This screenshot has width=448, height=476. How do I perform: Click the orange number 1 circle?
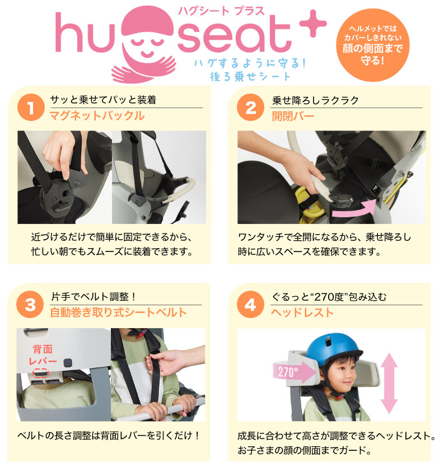[31, 108]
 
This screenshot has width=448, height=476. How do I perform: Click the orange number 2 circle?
[250, 108]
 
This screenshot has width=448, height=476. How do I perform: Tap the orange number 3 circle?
[30, 305]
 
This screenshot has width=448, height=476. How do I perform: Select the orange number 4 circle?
[250, 305]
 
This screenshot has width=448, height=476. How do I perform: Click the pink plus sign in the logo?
[313, 24]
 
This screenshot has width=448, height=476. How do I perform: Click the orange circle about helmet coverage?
[372, 45]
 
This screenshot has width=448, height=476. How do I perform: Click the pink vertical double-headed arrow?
[389, 383]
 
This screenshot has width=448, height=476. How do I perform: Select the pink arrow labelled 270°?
[295, 372]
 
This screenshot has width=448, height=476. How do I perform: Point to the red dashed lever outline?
[40, 373]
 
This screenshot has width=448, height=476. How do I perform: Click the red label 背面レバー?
[43, 355]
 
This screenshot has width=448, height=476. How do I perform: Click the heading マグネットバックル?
[97, 116]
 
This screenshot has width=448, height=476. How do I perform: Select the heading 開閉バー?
[293, 116]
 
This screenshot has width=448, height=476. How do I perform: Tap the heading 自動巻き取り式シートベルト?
[118, 312]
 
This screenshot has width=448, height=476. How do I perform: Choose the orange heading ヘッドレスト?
[302, 312]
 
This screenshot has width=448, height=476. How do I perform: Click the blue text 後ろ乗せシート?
[250, 77]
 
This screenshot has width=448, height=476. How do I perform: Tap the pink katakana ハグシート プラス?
[221, 11]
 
